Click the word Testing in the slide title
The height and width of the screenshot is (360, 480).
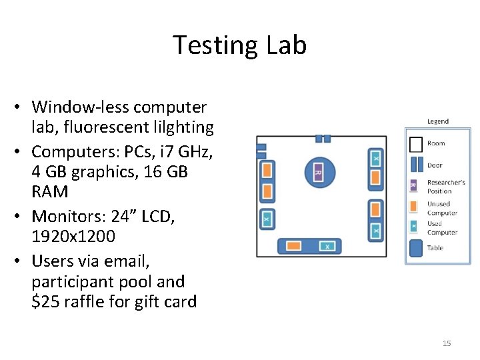[x=209, y=46]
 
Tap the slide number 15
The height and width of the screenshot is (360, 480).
[x=447, y=343]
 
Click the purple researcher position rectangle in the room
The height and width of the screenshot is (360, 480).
[x=318, y=173]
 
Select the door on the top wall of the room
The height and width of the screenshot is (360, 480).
[x=323, y=139]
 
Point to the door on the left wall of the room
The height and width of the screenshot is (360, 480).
[x=261, y=151]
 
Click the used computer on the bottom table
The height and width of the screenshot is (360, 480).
[x=327, y=246]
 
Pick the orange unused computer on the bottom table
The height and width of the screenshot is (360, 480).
[x=294, y=246]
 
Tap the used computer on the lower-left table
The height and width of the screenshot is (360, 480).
[x=267, y=219]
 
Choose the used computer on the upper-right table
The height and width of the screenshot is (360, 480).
[x=375, y=159]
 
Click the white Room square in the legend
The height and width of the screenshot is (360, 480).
[x=415, y=143]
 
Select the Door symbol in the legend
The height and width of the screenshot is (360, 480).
[x=415, y=164]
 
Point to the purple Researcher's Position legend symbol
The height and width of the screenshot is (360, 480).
[x=413, y=185]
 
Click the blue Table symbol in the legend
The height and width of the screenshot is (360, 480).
[x=415, y=248]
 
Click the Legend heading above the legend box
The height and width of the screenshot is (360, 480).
[x=437, y=121]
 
